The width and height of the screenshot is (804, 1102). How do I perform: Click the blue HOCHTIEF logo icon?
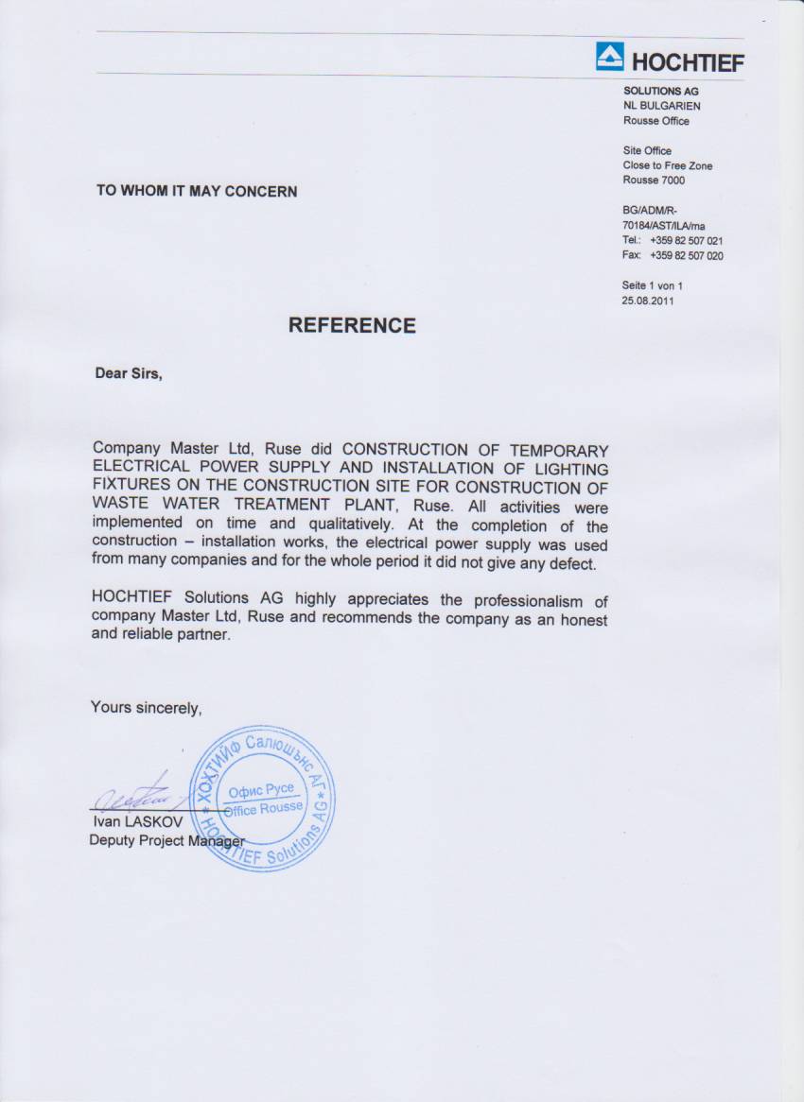coord(610,57)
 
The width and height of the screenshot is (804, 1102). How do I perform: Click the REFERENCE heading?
coord(352,325)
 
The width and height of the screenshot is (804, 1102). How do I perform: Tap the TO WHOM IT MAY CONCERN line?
coord(197,191)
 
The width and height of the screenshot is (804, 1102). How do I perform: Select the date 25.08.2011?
coord(649,301)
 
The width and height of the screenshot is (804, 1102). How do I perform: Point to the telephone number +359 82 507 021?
coord(687,241)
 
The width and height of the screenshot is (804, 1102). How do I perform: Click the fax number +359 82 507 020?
coord(687,255)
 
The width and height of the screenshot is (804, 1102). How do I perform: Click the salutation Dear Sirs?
coord(129,372)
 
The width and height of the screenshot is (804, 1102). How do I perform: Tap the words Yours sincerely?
coord(147,706)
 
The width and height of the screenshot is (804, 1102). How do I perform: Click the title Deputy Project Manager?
coord(166,840)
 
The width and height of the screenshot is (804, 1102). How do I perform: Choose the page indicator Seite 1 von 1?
coord(653,284)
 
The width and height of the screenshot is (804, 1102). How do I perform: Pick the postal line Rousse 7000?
coord(654,181)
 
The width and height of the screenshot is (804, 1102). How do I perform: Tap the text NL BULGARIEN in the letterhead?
coord(662,106)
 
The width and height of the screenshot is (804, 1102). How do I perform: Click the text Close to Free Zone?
coord(668,165)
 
